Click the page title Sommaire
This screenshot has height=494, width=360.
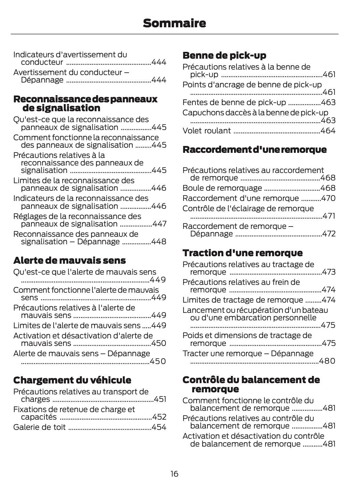pyautogui.click(x=174, y=23)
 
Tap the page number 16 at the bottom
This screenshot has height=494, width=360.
pyautogui.click(x=174, y=474)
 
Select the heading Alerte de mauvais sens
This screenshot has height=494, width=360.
pyautogui.click(x=69, y=260)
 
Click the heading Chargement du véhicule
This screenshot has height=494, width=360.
pyautogui.click(x=72, y=380)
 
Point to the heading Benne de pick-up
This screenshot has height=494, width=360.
pyautogui.click(x=224, y=55)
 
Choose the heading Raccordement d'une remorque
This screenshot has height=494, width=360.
pyautogui.click(x=254, y=149)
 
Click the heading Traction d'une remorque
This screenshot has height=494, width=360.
pyautogui.click(x=242, y=253)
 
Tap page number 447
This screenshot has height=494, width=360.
pyautogui.click(x=159, y=224)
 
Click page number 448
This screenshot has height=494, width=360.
pyautogui.click(x=159, y=242)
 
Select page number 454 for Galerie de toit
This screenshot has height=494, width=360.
pyautogui.click(x=159, y=427)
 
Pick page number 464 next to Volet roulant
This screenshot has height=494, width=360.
pyautogui.click(x=328, y=131)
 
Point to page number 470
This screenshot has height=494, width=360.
pyautogui.click(x=328, y=198)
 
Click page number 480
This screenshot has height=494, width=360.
pyautogui.click(x=327, y=361)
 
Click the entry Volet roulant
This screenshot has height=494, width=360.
pyautogui.click(x=206, y=131)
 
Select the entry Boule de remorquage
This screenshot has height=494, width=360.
pyautogui.click(x=222, y=188)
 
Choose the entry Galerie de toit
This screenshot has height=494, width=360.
pyautogui.click(x=39, y=427)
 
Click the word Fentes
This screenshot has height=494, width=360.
pyautogui.click(x=193, y=102)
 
